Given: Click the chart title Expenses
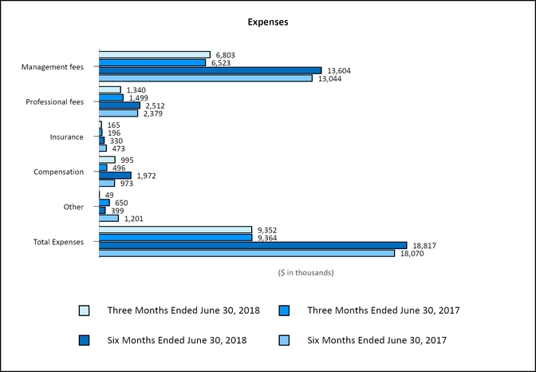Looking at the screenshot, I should tap(268, 22).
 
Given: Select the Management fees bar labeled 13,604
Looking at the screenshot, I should tap(210, 70).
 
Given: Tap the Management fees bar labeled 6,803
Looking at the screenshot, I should tap(154, 55).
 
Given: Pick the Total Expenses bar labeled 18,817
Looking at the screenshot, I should tap(253, 245).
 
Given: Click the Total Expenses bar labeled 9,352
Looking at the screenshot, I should tap(175, 230).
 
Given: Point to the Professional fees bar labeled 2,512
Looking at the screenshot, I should tap(120, 105).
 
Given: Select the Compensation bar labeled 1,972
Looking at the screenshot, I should tap(115, 175).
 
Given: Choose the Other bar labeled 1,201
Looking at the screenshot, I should tap(108, 218).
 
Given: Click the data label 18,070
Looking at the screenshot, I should tap(412, 254).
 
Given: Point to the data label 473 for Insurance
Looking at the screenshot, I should tap(118, 148).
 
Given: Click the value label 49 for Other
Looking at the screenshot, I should tap(109, 195).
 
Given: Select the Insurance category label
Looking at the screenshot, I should tap(66, 137).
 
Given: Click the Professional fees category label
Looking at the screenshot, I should tap(54, 102).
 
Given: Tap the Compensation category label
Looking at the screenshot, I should tap(58, 172).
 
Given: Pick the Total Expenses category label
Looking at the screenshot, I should tap(57, 241).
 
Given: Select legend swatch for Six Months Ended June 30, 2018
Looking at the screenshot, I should tap(85, 340).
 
